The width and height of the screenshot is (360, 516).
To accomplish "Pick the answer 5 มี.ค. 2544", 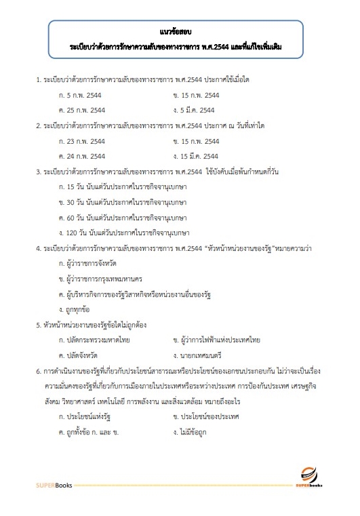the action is tap(196, 110).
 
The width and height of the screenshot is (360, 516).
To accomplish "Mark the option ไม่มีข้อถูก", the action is tap(193, 431).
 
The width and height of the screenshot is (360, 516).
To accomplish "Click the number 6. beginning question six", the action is tap(39, 371).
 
